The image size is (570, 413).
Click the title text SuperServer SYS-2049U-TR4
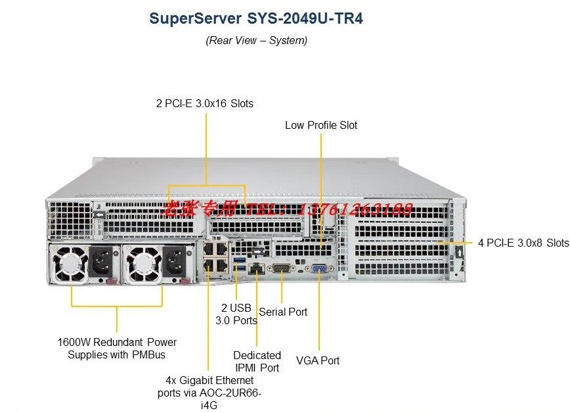tap(256, 18)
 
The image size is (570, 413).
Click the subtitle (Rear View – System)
tap(256, 40)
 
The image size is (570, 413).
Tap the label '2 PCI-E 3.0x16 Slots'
tap(204, 103)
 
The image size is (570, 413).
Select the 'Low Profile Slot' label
tap(321, 125)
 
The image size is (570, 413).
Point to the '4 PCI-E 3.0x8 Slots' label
tap(523, 243)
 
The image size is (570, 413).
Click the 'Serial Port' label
tap(283, 312)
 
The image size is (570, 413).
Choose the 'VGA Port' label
tap(318, 360)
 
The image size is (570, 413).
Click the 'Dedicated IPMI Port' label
tap(257, 361)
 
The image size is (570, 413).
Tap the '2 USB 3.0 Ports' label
tap(236, 314)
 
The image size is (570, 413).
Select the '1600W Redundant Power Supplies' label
tap(117, 349)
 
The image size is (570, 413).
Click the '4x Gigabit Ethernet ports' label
tap(209, 393)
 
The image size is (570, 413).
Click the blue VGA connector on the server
tap(320, 269)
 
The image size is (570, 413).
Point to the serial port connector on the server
tap(282, 268)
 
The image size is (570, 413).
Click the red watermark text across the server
tap(289, 209)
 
